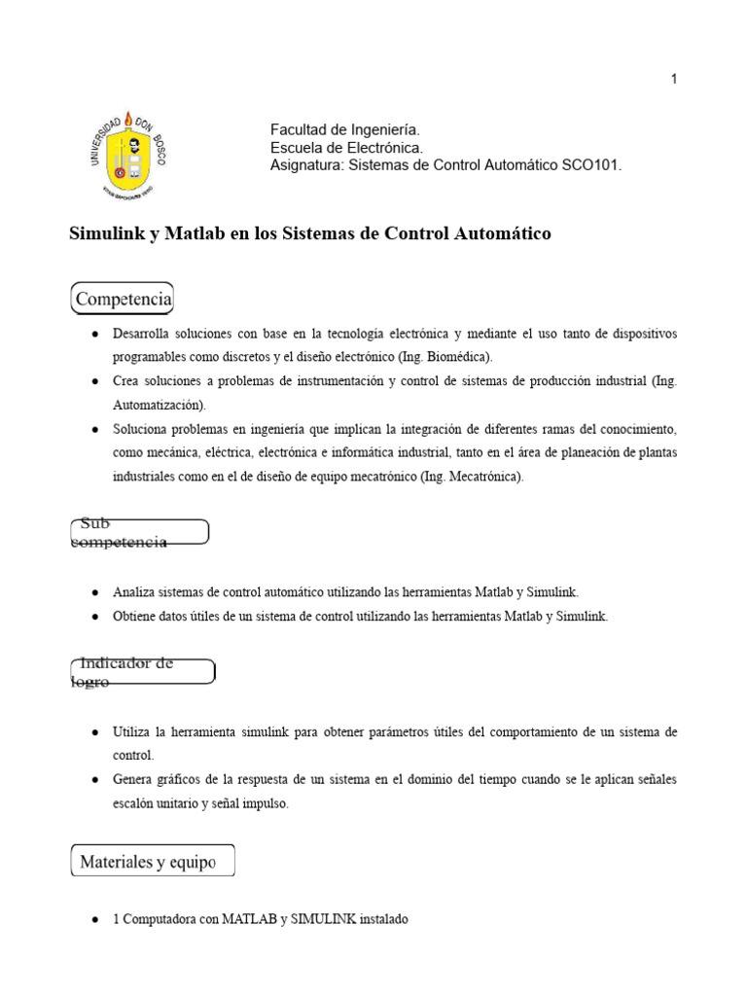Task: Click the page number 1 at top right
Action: (673, 80)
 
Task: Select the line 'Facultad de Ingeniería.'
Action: (344, 129)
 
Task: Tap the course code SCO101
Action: (591, 166)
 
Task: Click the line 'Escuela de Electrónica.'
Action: (346, 148)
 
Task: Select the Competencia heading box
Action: (123, 298)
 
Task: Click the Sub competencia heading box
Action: (139, 532)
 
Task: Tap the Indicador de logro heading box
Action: (143, 672)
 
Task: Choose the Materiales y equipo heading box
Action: (153, 862)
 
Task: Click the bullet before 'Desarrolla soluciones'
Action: (93, 334)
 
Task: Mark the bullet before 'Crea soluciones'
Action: (93, 381)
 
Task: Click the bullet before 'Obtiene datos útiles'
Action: (93, 617)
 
